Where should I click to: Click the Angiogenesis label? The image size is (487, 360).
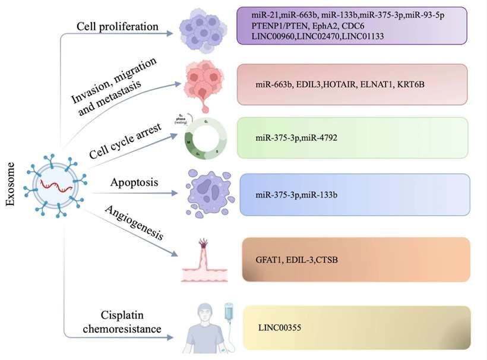tap(134, 226)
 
